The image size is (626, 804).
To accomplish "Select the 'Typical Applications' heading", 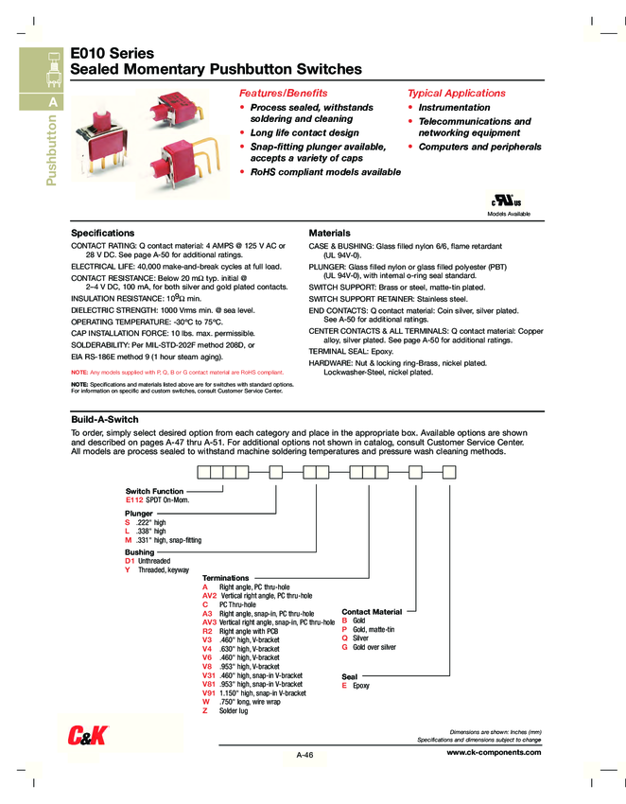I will click(x=456, y=93).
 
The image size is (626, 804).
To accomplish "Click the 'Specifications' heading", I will click(x=103, y=233).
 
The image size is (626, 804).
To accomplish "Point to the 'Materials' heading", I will click(x=329, y=233).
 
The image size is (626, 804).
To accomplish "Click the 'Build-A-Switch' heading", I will click(x=105, y=419).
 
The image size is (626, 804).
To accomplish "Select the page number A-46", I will click(x=304, y=754).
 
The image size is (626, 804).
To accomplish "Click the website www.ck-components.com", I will click(x=493, y=752).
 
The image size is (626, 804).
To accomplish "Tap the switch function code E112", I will click(x=134, y=498).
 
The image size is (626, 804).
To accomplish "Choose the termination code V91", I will click(x=209, y=692).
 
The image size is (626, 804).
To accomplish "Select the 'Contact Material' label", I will click(x=372, y=612).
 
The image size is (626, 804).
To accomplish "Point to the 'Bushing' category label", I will click(x=139, y=551).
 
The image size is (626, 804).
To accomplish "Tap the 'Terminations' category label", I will click(x=226, y=577).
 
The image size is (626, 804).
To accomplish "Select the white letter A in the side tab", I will click(x=53, y=102).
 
